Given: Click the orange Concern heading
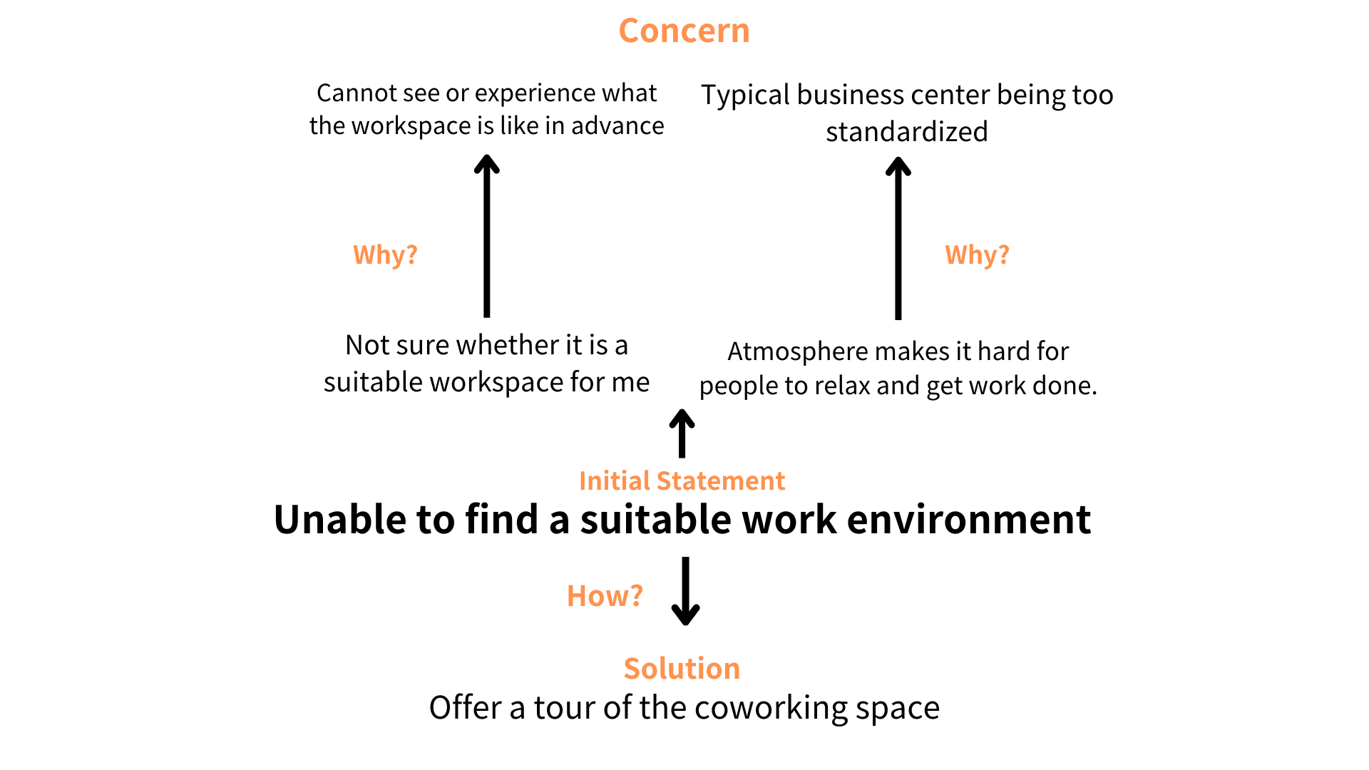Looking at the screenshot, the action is pyautogui.click(x=684, y=31).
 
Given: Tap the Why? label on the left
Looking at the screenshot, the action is pyautogui.click(x=385, y=255).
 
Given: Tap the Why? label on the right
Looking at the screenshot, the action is pyautogui.click(x=977, y=255).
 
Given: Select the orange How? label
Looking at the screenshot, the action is pyautogui.click(x=605, y=595).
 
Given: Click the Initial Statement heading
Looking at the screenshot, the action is pyautogui.click(x=682, y=481).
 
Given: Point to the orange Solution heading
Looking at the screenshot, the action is pyautogui.click(x=682, y=668).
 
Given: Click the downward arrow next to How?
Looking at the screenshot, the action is pyautogui.click(x=685, y=591).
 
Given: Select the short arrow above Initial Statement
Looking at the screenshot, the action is pyautogui.click(x=682, y=433).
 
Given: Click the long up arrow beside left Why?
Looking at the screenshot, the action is pyautogui.click(x=486, y=236).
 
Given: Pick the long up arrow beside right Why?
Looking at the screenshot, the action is pyautogui.click(x=898, y=238).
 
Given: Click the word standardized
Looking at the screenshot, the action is pyautogui.click(x=906, y=132).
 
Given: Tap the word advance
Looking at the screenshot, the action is pyautogui.click(x=617, y=125).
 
